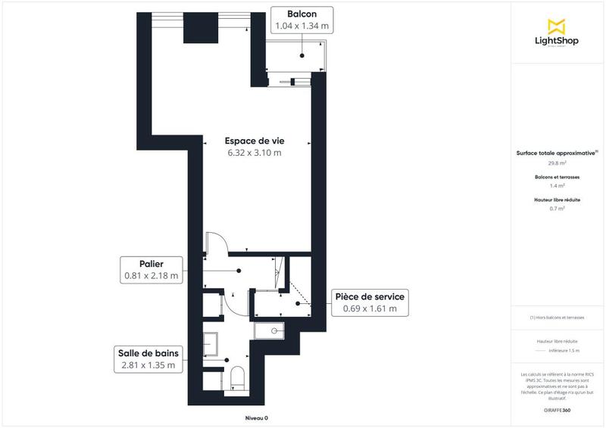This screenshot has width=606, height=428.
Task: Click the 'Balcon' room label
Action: pyautogui.click(x=301, y=14)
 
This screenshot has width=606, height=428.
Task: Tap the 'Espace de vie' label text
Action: pyautogui.click(x=255, y=141)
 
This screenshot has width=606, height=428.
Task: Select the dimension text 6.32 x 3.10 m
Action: pyautogui.click(x=255, y=153)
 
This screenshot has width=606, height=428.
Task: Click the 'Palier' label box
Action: pyautogui.click(x=152, y=269)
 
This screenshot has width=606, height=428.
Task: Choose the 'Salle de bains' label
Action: pyautogui.click(x=148, y=359)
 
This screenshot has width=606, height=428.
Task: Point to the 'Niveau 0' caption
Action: pyautogui.click(x=256, y=418)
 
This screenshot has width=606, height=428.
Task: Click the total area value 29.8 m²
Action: pyautogui.click(x=558, y=163)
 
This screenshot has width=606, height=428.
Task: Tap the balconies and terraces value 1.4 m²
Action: pyautogui.click(x=558, y=185)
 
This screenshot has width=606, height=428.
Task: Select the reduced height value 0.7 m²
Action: pyautogui.click(x=558, y=209)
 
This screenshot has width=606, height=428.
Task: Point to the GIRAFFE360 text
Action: pyautogui.click(x=557, y=409)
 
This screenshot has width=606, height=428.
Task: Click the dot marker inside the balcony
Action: pyautogui.click(x=301, y=56)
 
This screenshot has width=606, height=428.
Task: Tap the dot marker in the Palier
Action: pyautogui.click(x=239, y=270)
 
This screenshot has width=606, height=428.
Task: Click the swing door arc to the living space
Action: pyautogui.click(x=217, y=240)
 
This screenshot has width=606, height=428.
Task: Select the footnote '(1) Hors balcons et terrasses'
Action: pyautogui.click(x=557, y=318)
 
